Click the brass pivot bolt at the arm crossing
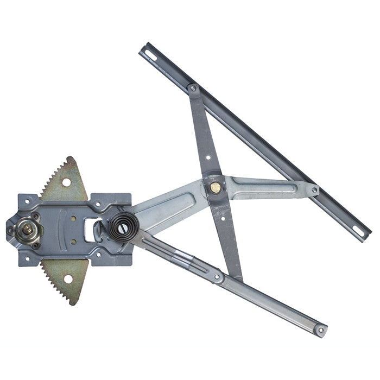(216, 187)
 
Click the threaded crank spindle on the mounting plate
(26, 229)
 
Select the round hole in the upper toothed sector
(66, 182)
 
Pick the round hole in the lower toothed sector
(68, 279)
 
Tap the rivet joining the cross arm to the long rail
(193, 88)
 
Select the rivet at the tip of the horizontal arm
(314, 191)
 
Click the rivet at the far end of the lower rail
(321, 329)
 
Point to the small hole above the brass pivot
(208, 158)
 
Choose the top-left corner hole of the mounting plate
(27, 202)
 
